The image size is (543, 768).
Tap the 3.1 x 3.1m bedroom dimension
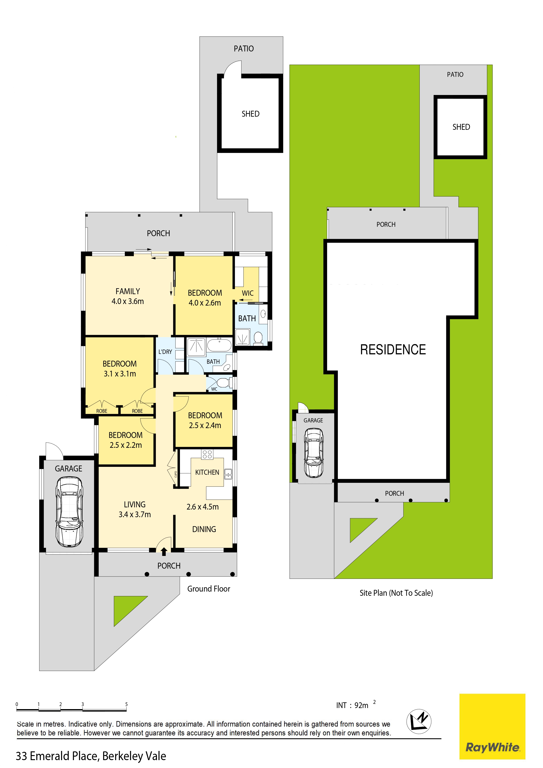(120, 374)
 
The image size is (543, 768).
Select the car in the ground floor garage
(69, 512)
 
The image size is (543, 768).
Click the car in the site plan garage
(314, 453)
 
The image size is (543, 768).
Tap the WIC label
(248, 293)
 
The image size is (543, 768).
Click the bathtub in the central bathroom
(219, 345)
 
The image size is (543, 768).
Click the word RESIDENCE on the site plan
(393, 350)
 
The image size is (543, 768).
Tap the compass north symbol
(419, 721)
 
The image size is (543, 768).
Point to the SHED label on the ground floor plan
(250, 114)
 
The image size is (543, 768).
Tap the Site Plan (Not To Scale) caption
(396, 593)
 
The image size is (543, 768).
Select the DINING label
(204, 529)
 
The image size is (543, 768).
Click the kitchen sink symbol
(228, 474)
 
